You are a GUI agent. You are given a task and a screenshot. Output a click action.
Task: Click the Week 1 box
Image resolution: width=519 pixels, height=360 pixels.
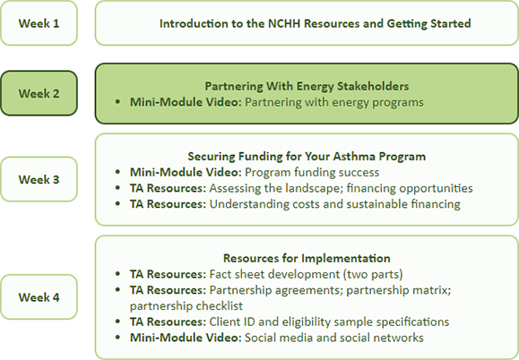coord(39,23)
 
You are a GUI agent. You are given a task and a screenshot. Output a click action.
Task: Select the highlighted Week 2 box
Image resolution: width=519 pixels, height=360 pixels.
coord(39,93)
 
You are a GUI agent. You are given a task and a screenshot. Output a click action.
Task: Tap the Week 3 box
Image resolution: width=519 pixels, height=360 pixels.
coord(39,179)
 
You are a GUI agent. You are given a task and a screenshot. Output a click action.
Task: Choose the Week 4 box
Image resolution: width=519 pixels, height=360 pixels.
coord(39,296)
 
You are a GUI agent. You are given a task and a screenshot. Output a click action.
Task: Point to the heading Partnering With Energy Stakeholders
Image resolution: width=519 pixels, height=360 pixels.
coord(307,86)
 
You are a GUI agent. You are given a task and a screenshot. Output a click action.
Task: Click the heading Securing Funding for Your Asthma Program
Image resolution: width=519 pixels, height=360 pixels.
coord(307,156)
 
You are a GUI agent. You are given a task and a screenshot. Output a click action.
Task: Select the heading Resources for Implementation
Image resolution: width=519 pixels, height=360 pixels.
coord(307,258)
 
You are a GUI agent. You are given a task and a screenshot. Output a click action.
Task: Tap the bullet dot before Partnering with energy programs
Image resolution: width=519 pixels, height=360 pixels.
coord(117,102)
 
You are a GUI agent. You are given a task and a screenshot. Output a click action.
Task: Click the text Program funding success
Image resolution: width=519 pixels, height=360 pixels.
coord(312,172)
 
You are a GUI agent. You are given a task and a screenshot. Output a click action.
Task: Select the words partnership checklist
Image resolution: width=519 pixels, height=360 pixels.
coord(186,305)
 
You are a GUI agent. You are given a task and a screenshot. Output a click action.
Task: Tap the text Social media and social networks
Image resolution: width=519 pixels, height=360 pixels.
coord(334,338)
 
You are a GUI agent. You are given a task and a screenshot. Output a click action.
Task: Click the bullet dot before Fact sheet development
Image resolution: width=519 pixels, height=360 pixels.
coord(117,274)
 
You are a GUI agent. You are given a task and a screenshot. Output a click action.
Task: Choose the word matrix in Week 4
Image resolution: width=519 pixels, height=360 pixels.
coord(433,290)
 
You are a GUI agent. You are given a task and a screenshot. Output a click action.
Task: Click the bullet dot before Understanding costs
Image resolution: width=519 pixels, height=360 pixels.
coord(117,204)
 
